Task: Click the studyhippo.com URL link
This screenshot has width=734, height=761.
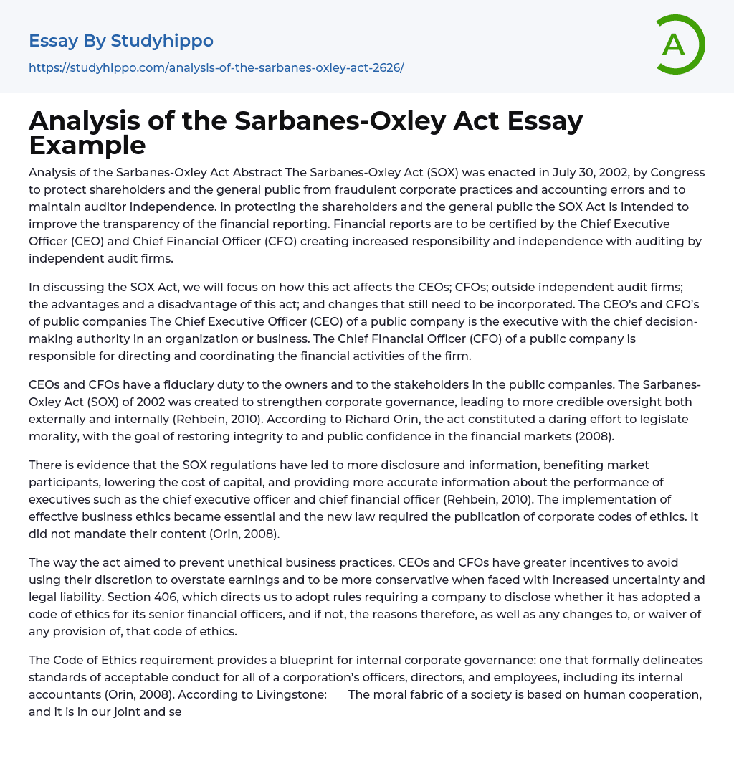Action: (216, 67)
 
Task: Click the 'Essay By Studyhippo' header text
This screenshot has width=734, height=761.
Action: (121, 41)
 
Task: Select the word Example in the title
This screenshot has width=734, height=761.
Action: (87, 146)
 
